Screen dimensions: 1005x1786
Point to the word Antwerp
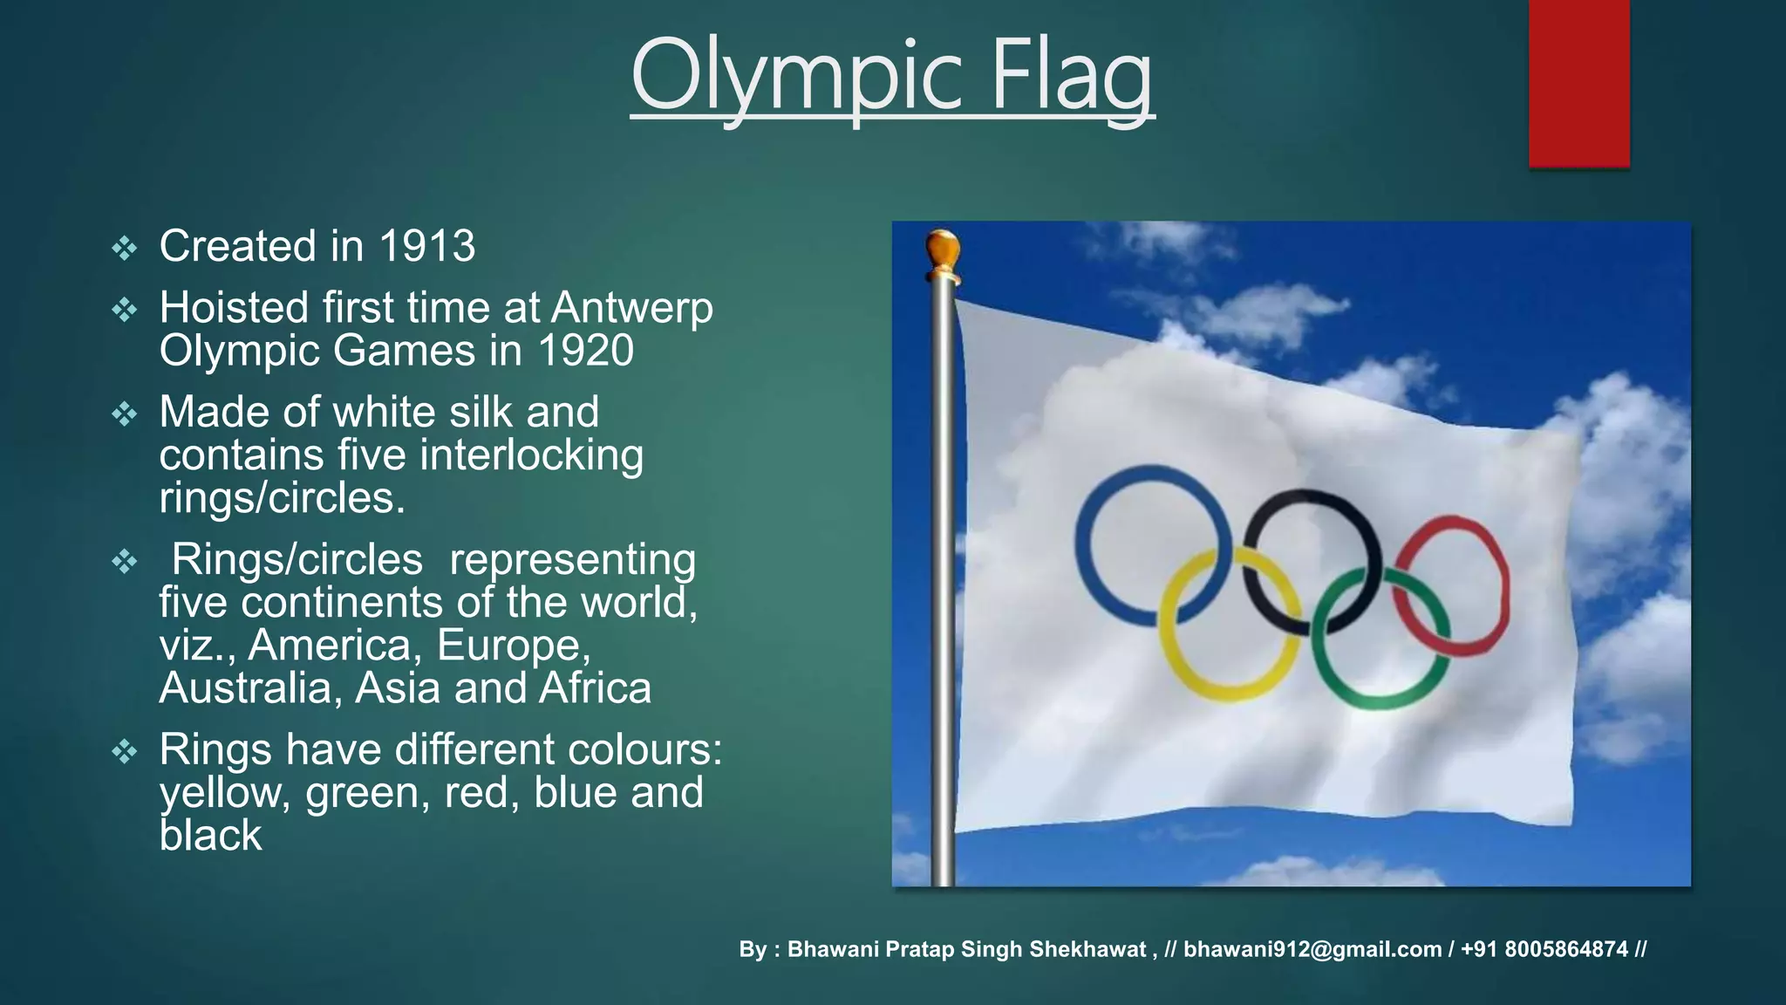tap(632, 308)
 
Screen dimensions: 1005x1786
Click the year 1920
tap(585, 351)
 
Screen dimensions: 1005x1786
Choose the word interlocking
tap(532, 455)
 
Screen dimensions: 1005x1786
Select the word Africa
tap(595, 688)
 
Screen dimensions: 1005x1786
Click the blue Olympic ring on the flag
tap(1081, 545)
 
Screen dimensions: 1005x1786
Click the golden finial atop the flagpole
tap(943, 253)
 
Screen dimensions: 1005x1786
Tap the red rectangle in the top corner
tap(1578, 83)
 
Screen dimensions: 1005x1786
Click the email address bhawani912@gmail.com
tap(1312, 949)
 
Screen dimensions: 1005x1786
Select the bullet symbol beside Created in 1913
tap(125, 249)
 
